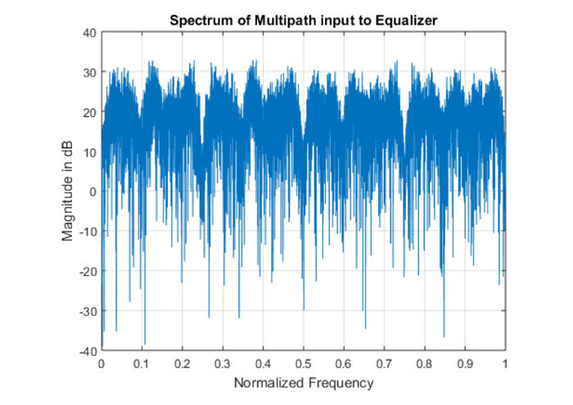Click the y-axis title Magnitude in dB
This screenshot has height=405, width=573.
click(68, 191)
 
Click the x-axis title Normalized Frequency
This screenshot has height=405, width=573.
click(303, 383)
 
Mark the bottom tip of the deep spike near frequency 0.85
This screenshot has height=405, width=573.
click(444, 336)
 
